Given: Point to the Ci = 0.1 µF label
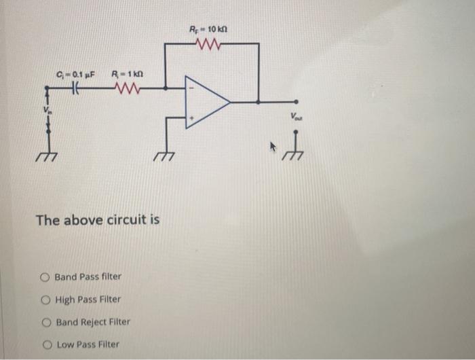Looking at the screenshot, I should coord(75,73).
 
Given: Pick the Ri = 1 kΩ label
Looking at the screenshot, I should coord(128,73).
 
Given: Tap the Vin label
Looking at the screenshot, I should coord(47,109).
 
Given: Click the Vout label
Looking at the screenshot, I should coord(297,117).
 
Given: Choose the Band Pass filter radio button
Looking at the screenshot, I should coord(45,276).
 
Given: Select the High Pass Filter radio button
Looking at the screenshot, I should coord(45,299).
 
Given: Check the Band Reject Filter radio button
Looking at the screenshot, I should coord(45,322).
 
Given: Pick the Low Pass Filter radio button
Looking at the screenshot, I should coord(45,344).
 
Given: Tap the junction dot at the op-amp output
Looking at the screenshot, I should coord(259,102).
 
